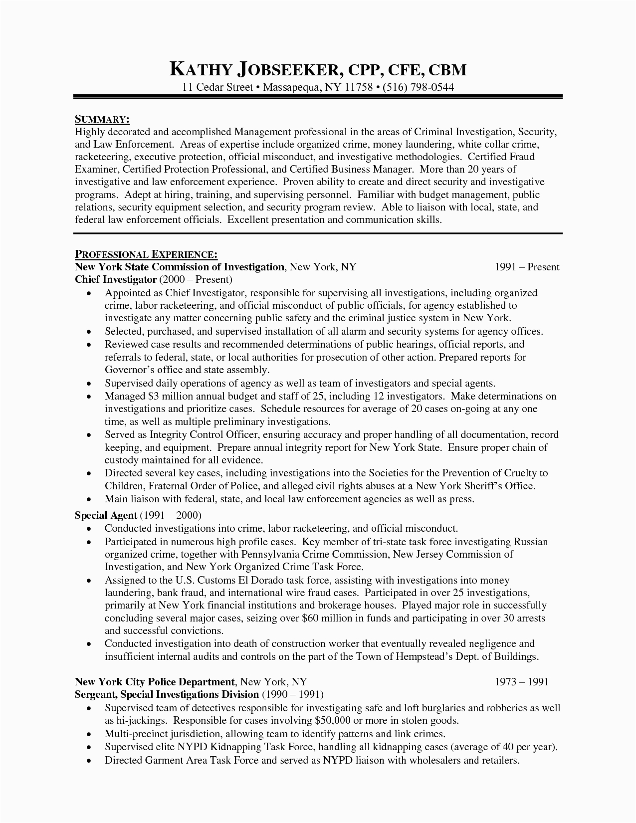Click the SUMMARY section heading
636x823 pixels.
point(102,119)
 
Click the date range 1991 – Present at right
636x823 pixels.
point(527,267)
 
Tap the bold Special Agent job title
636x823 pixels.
point(106,515)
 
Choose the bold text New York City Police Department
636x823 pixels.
point(155,681)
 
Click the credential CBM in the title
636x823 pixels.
point(447,69)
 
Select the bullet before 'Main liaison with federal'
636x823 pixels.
point(89,499)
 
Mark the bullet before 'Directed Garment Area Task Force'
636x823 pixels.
point(89,761)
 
